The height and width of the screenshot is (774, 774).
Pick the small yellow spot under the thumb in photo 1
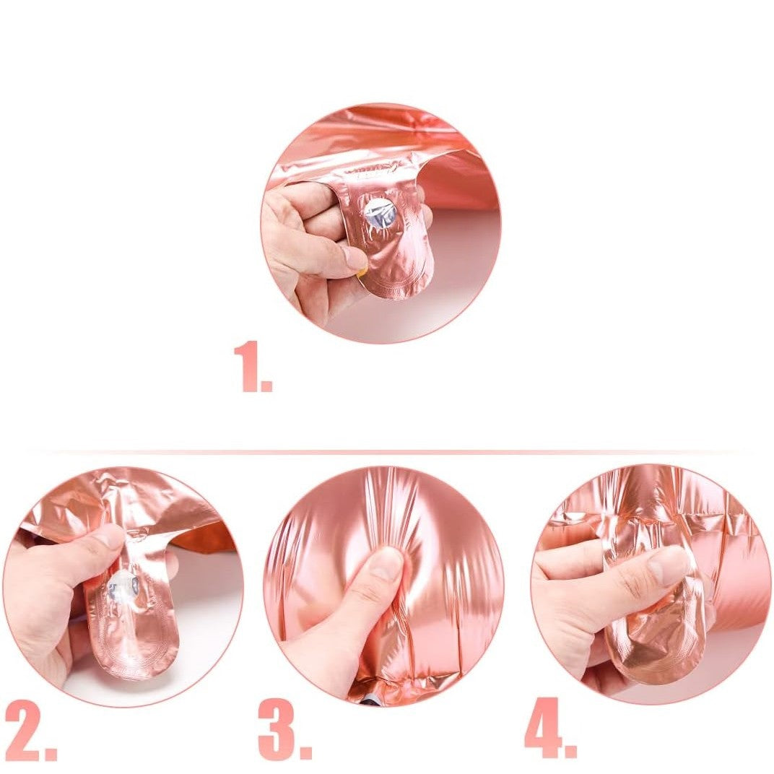(x=362, y=272)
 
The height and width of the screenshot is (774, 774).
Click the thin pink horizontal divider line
(x=387, y=453)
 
